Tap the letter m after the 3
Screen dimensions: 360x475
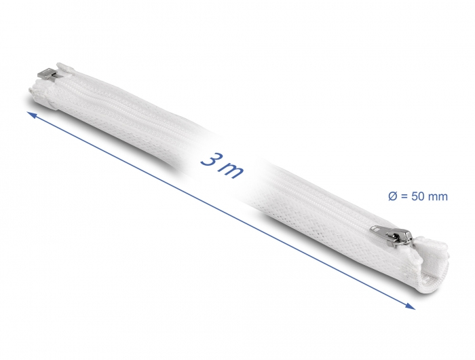[x=232, y=171]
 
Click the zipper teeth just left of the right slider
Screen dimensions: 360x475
[x=353, y=221]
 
